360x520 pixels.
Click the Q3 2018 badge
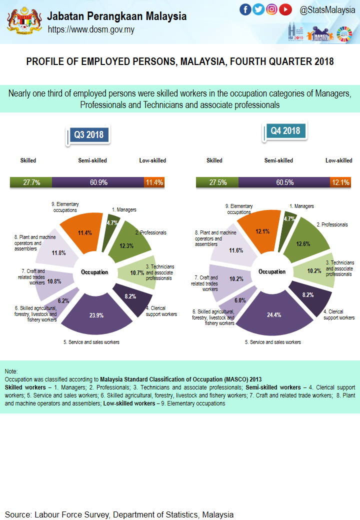click(x=88, y=134)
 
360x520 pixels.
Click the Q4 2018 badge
click(x=285, y=131)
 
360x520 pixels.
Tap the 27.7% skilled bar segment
click(x=31, y=182)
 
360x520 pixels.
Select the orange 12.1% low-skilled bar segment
click(x=340, y=182)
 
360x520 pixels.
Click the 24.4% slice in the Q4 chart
click(x=274, y=316)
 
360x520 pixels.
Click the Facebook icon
click(x=245, y=9)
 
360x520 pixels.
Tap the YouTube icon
click(x=285, y=9)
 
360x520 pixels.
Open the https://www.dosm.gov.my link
click(x=91, y=29)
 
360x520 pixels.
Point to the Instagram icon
click(x=272, y=9)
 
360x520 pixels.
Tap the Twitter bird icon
click(x=258, y=9)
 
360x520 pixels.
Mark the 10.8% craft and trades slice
click(x=54, y=281)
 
